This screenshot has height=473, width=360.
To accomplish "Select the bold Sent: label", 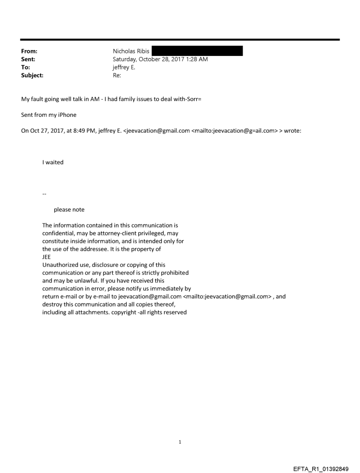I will pos(28,59).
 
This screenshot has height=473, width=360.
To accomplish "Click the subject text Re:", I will pos(117,75).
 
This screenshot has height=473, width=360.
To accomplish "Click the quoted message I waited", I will pos(53,162).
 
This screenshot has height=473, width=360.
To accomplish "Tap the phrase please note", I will pos(69,210).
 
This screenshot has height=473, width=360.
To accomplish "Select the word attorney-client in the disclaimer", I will pos(115,233).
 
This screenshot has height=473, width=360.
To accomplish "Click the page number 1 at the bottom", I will pos(180,442).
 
